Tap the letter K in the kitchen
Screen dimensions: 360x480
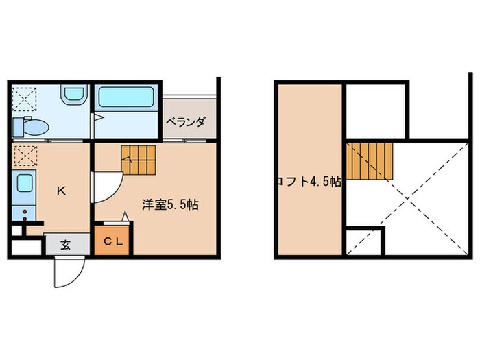click(x=61, y=191)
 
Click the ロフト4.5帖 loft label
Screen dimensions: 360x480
click(x=309, y=182)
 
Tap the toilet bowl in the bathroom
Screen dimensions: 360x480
click(x=34, y=128)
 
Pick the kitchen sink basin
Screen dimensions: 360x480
click(x=24, y=184)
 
